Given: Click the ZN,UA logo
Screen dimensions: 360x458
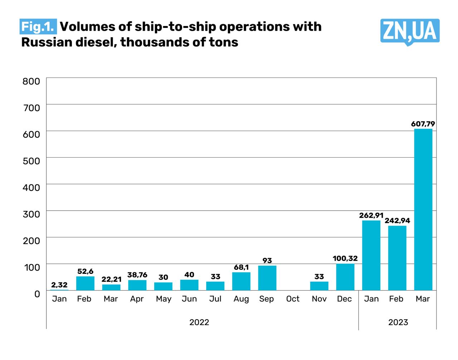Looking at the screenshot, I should click(x=410, y=31).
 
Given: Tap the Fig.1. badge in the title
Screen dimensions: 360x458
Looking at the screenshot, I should click(x=38, y=26).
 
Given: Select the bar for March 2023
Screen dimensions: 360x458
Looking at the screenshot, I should click(x=423, y=209).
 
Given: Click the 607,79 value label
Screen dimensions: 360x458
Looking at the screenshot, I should click(x=423, y=124).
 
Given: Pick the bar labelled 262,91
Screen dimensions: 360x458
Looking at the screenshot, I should click(x=371, y=255).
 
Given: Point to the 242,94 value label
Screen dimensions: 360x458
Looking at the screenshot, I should click(x=397, y=221).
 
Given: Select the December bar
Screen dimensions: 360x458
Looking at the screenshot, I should click(x=345, y=277).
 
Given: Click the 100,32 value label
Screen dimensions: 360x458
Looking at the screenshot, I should click(x=345, y=258).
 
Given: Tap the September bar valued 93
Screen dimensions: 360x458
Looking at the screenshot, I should click(x=267, y=278).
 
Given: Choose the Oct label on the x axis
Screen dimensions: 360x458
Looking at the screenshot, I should click(x=293, y=299).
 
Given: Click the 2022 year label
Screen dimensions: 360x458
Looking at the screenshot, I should click(x=199, y=322).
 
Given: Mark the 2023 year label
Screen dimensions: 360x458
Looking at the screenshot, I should click(x=398, y=322).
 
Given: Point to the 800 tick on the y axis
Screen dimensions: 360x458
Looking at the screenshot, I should click(x=31, y=81).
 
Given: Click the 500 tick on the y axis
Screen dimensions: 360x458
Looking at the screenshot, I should click(x=31, y=161).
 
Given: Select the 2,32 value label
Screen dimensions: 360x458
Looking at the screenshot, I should click(x=59, y=285).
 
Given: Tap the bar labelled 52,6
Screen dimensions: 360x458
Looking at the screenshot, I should click(x=85, y=283).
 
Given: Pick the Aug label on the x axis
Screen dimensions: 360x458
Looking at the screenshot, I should click(x=241, y=299).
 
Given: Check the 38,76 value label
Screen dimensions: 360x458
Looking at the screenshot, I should click(x=137, y=275).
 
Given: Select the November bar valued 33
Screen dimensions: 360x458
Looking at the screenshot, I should click(x=319, y=286).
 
